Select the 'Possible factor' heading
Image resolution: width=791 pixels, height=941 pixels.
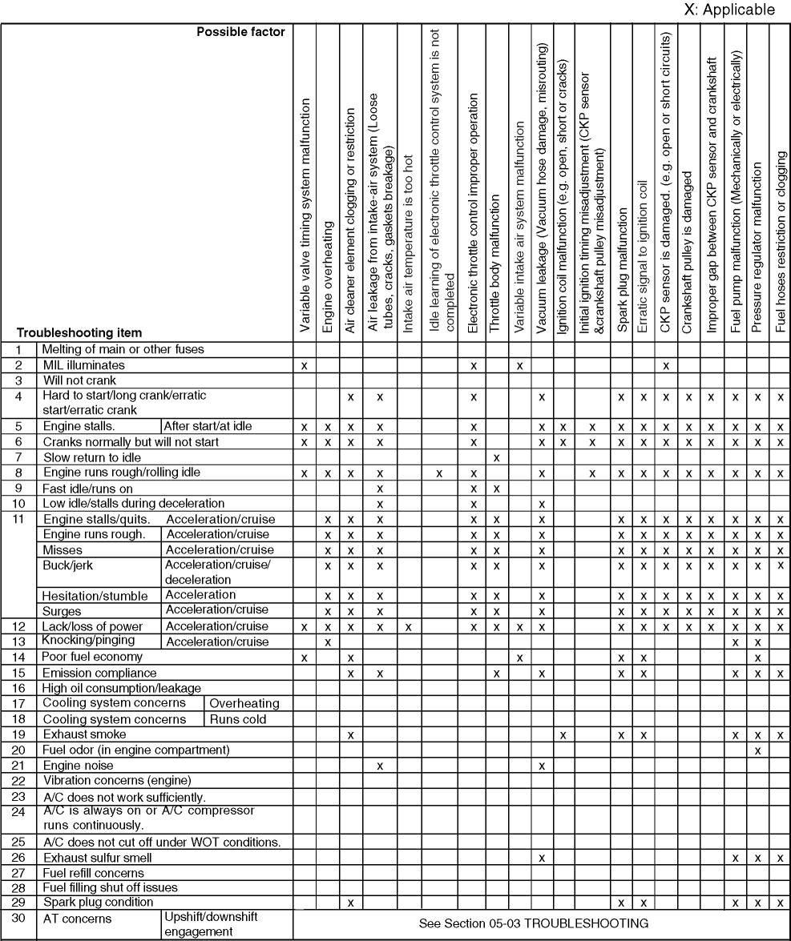tap(241, 33)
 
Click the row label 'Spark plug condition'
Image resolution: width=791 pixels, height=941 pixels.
tap(98, 903)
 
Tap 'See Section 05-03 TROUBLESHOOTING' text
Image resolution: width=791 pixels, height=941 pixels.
tap(534, 923)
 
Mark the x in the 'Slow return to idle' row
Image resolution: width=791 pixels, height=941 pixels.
tap(497, 457)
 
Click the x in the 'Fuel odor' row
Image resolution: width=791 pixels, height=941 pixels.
tap(758, 750)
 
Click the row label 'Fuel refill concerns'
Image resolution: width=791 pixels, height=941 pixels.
tap(94, 873)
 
